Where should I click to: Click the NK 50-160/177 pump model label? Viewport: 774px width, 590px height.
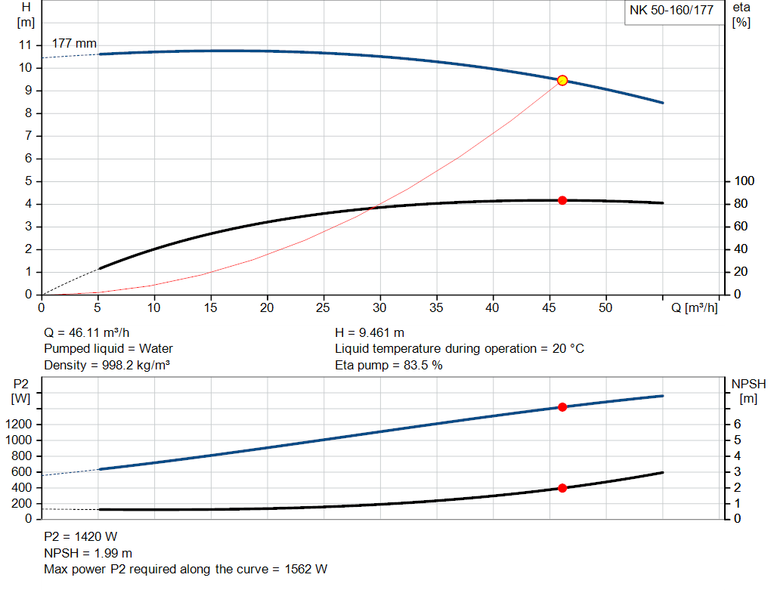671,11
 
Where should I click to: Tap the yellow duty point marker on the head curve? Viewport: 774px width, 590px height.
562,80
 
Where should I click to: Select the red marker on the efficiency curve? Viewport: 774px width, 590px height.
562,200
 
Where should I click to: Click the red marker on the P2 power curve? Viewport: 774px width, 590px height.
562,407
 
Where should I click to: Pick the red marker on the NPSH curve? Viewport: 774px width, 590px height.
562,488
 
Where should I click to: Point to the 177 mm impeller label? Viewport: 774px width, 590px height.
74,43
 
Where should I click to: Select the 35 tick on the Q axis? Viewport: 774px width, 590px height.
436,307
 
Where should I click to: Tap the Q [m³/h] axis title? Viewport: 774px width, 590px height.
694,308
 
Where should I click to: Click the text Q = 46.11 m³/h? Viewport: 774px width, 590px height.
91,332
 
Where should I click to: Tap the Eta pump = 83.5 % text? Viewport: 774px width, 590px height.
389,365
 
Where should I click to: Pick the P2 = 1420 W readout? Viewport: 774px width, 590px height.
80,537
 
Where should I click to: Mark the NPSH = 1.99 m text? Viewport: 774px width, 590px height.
88,553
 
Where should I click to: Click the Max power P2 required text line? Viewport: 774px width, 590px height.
186,569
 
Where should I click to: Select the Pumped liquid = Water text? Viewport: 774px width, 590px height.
108,348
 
